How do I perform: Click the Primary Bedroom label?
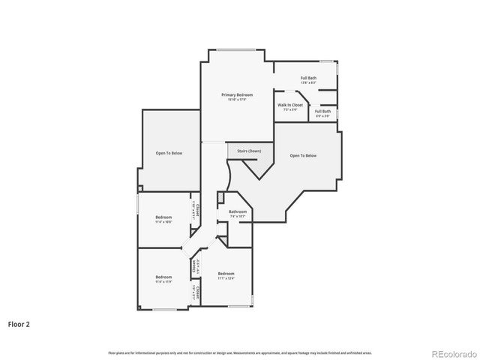pos(236,94)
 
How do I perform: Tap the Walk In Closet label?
pos(290,105)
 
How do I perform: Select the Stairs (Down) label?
pos(249,151)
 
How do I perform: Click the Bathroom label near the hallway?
pos(238,212)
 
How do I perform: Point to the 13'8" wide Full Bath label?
pos(308,78)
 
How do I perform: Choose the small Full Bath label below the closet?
pos(322,112)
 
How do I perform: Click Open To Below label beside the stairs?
pos(303,155)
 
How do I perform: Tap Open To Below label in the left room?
pos(169,153)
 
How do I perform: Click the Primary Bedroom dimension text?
pos(236,100)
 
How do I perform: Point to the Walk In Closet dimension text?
pos(290,109)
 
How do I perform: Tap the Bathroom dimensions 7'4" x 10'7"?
pos(238,217)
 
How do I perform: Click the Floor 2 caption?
pos(19,325)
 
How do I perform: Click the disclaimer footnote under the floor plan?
pos(240,352)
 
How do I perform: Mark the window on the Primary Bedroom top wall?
pos(236,51)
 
